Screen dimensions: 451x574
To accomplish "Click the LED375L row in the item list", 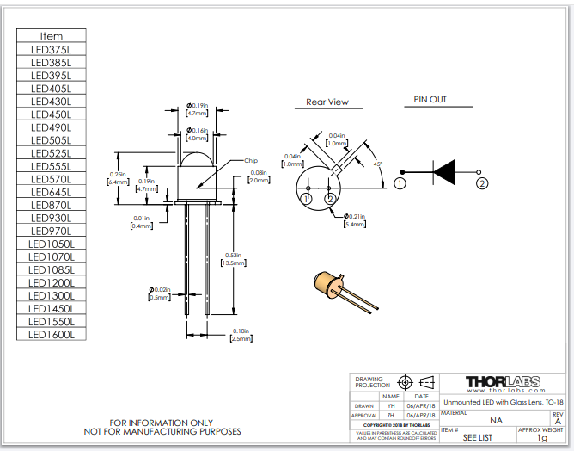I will (x=52, y=49).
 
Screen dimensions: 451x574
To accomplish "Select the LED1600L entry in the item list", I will (x=52, y=334).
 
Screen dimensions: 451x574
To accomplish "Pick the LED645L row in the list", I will (x=52, y=192).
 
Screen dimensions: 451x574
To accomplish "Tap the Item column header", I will (x=52, y=36).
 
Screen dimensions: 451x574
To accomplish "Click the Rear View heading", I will (x=327, y=102).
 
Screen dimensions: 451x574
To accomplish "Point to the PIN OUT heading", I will (x=430, y=100).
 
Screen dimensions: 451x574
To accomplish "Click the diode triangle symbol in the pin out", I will (x=443, y=173).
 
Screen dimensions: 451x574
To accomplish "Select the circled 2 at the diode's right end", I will (x=483, y=182).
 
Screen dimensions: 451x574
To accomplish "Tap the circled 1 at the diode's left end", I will (x=400, y=182).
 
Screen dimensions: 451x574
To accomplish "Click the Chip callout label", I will (x=251, y=161).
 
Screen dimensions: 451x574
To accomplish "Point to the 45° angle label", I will (x=377, y=163).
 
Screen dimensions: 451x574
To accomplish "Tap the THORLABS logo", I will (x=502, y=381).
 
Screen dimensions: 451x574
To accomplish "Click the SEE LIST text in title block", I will (x=478, y=437).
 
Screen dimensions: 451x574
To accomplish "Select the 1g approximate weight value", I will (x=541, y=438).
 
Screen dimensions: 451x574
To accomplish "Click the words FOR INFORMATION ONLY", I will (x=162, y=423).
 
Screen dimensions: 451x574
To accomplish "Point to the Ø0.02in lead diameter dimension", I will (x=160, y=293).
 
